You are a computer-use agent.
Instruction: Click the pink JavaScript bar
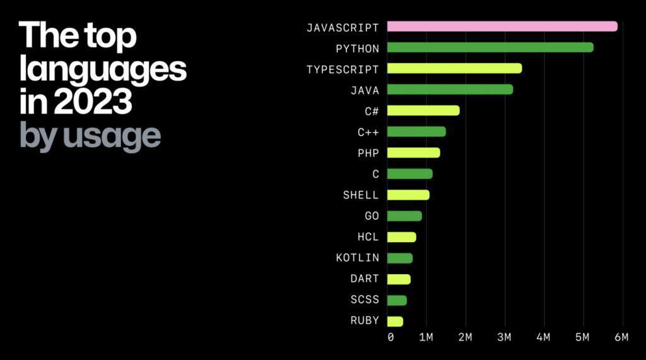click(x=502, y=26)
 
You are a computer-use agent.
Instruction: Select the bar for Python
click(x=490, y=47)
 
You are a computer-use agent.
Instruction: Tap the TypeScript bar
click(x=454, y=68)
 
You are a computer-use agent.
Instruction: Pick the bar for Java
click(x=449, y=90)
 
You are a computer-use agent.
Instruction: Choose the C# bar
click(x=423, y=110)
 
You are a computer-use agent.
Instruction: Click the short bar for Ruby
click(x=394, y=322)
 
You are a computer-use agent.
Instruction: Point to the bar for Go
click(x=404, y=216)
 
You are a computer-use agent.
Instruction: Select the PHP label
click(x=368, y=153)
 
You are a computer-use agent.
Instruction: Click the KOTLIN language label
click(x=357, y=258)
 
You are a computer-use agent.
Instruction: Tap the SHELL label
click(x=361, y=195)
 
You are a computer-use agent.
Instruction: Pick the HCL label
click(x=368, y=237)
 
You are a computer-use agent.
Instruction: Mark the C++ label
click(x=368, y=132)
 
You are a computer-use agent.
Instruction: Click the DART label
click(x=365, y=279)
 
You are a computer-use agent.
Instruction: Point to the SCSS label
click(x=365, y=300)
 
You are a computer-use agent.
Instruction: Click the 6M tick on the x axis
click(x=621, y=337)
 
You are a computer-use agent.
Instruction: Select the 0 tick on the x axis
click(x=391, y=337)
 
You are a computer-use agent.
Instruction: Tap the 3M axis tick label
click(x=504, y=337)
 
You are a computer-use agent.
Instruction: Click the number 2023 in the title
click(x=93, y=102)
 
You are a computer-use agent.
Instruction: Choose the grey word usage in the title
click(x=110, y=136)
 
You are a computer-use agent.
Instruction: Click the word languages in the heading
click(x=103, y=69)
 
